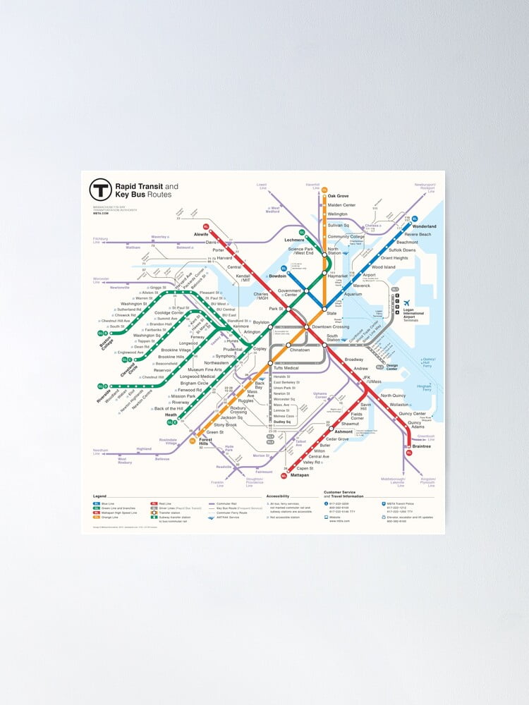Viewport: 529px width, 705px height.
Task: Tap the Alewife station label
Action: tap(200, 233)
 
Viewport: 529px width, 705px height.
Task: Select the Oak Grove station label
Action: tap(338, 196)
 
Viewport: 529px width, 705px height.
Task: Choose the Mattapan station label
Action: tap(300, 475)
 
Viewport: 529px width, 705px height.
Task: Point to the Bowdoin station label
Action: tap(278, 276)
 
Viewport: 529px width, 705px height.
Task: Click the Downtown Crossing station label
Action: tap(331, 327)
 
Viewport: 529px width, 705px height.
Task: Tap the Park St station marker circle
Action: tap(288, 309)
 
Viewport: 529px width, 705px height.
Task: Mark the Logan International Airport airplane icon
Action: tap(408, 303)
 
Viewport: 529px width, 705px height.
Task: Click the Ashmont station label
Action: tap(343, 431)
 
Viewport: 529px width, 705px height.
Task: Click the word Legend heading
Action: tap(99, 496)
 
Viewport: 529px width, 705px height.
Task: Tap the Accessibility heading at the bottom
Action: tap(278, 496)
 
